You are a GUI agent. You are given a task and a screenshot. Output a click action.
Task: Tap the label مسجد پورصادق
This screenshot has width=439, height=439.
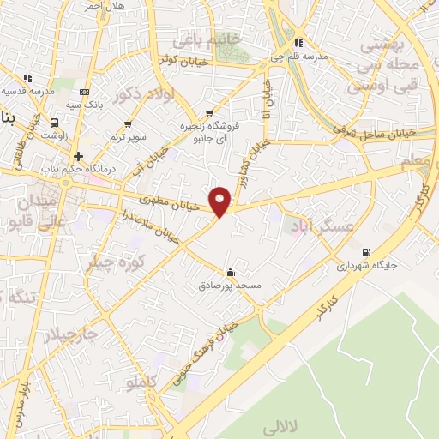click(229, 283)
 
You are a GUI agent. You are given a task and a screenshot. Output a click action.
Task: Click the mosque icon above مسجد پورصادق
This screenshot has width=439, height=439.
click(229, 271)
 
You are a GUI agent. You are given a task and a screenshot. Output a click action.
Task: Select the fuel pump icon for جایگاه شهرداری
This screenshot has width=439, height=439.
click(367, 252)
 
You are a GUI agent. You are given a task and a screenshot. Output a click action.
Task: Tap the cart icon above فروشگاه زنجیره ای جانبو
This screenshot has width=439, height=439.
click(209, 113)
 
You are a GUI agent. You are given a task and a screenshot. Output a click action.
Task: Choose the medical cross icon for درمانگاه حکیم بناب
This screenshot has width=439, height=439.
click(78, 156)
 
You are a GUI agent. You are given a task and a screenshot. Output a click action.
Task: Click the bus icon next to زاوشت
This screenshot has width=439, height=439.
click(55, 123)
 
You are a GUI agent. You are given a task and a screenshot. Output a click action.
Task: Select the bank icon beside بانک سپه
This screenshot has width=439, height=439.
click(83, 92)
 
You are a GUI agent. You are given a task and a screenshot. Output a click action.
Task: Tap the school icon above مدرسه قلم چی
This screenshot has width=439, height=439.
click(298, 43)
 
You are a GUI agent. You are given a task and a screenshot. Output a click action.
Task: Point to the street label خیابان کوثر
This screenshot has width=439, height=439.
click(177, 59)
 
